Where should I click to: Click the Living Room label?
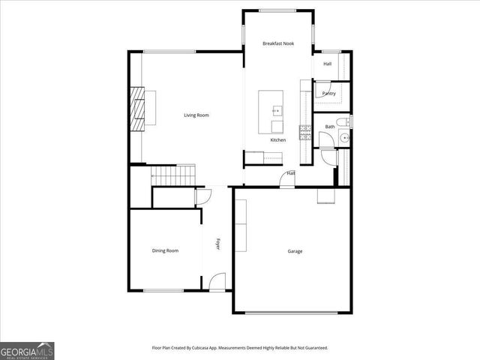pos(196,115)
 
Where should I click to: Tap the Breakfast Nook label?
pos(278,43)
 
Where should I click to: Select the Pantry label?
pos(328,94)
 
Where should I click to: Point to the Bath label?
pos(329,127)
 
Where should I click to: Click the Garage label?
pos(295,251)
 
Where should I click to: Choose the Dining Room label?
pos(165,250)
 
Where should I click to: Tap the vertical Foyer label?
pos(218,244)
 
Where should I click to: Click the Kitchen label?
pos(278,140)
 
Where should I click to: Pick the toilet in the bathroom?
pos(341,123)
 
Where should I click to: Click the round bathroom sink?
pos(344,137)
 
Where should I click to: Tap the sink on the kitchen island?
pos(276,111)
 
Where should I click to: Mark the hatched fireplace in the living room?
pos(138,108)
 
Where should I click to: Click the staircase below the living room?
pos(173,177)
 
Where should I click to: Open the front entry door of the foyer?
pos(217,283)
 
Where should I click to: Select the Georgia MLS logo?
pos(27,350)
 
